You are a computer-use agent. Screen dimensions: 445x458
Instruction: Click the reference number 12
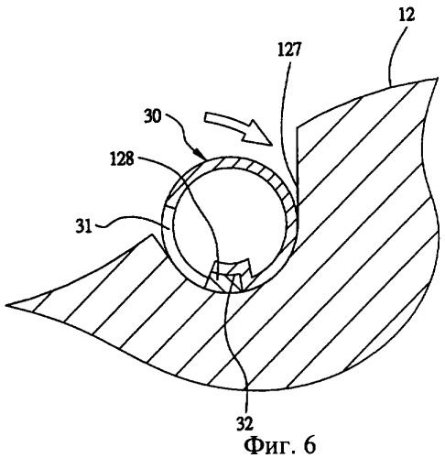point(407,16)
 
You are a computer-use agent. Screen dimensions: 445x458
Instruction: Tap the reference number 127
point(289,49)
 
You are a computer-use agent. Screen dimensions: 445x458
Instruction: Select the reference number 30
point(153,117)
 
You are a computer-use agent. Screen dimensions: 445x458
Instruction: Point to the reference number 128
point(122,159)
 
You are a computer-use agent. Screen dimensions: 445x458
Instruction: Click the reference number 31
point(84,227)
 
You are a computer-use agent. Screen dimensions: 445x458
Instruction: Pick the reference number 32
point(245,424)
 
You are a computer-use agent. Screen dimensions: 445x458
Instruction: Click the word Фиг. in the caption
point(267,445)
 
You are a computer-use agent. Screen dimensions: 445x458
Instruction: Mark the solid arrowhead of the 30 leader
point(201,154)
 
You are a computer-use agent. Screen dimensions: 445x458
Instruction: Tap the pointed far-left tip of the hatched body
point(6,305)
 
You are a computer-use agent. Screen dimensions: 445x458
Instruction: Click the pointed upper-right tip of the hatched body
point(437,78)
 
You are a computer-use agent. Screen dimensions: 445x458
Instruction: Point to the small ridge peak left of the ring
point(150,234)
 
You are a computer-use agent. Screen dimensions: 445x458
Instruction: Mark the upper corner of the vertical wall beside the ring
point(298,126)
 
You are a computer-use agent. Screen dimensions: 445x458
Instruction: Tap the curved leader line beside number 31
point(128,221)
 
